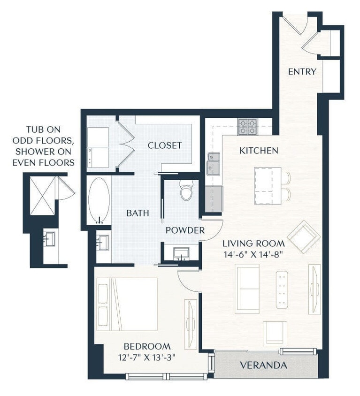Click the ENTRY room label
pyautogui.click(x=302, y=72)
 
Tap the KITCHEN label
pyautogui.click(x=259, y=151)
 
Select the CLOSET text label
pyautogui.click(x=164, y=145)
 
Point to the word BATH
pyautogui.click(x=138, y=213)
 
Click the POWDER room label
pyautogui.click(x=185, y=230)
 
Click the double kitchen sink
pyautogui.click(x=214, y=163)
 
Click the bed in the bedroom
pyautogui.click(x=127, y=304)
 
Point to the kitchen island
pyautogui.click(x=268, y=186)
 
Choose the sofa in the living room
pyautogui.click(x=247, y=289)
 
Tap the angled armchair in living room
pyautogui.click(x=304, y=237)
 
